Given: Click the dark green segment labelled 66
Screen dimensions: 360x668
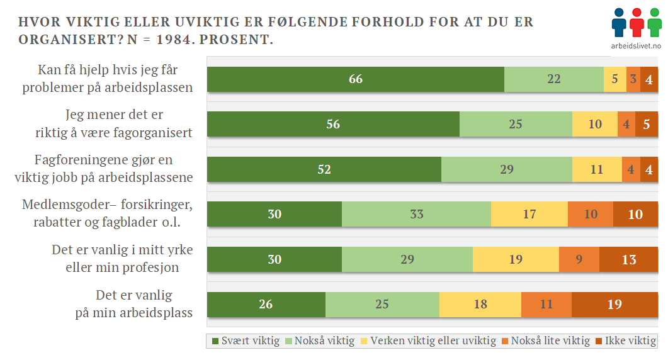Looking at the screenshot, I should coord(356,79).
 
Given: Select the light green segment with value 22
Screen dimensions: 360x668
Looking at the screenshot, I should coord(554,79).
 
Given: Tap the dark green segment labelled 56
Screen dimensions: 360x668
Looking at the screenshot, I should coord(333,124).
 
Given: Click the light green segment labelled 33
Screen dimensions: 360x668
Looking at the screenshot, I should coord(416,214).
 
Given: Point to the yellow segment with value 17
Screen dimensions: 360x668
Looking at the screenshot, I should coord(529,214).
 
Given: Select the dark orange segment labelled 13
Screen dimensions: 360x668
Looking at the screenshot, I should coord(628,259).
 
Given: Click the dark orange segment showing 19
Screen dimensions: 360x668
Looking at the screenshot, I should coord(614,305).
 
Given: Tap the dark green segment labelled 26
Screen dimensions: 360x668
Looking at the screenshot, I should coord(266,305).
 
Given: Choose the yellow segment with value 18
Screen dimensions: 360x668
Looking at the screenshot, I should coord(480,305).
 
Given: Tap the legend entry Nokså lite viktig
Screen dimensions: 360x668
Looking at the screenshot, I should coord(546,341).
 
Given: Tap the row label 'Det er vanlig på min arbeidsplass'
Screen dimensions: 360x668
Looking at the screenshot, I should coord(134,303).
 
